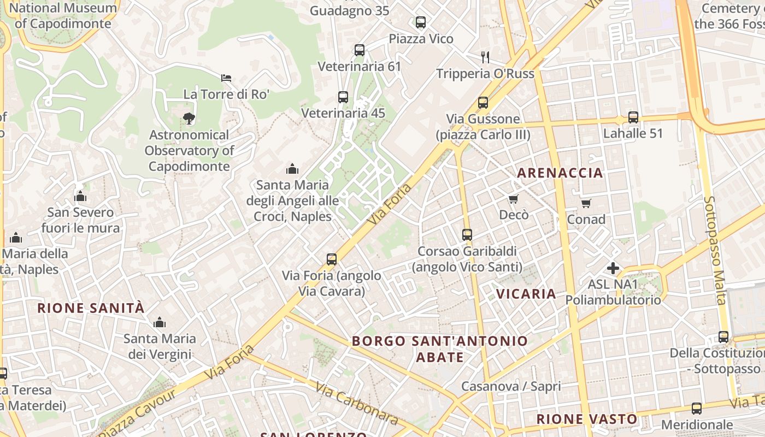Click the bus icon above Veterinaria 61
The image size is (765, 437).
pyautogui.click(x=359, y=50)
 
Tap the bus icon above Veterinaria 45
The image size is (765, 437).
pyautogui.click(x=343, y=97)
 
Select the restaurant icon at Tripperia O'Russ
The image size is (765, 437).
pyautogui.click(x=485, y=57)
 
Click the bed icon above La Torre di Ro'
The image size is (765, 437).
pyautogui.click(x=226, y=79)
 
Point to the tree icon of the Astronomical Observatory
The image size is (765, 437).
pyautogui.click(x=189, y=117)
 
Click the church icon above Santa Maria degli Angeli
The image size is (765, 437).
pyautogui.click(x=292, y=168)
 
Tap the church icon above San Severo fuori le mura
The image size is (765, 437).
pyautogui.click(x=80, y=196)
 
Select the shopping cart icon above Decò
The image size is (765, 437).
pyautogui.click(x=513, y=198)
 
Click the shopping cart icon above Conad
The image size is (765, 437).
pyautogui.click(x=586, y=203)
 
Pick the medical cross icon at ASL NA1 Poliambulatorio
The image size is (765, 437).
pyautogui.click(x=613, y=268)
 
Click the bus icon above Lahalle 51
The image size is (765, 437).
pyautogui.click(x=633, y=117)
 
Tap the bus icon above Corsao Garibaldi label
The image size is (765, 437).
pyautogui.click(x=467, y=235)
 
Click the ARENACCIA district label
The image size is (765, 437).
pyautogui.click(x=560, y=173)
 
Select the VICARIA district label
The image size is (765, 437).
pyautogui.click(x=526, y=294)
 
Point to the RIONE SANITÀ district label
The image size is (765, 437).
pyautogui.click(x=91, y=308)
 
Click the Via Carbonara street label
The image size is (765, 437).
pyautogui.click(x=356, y=403)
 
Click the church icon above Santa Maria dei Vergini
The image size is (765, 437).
pyautogui.click(x=160, y=322)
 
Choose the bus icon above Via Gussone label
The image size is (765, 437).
pyautogui.click(x=482, y=103)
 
